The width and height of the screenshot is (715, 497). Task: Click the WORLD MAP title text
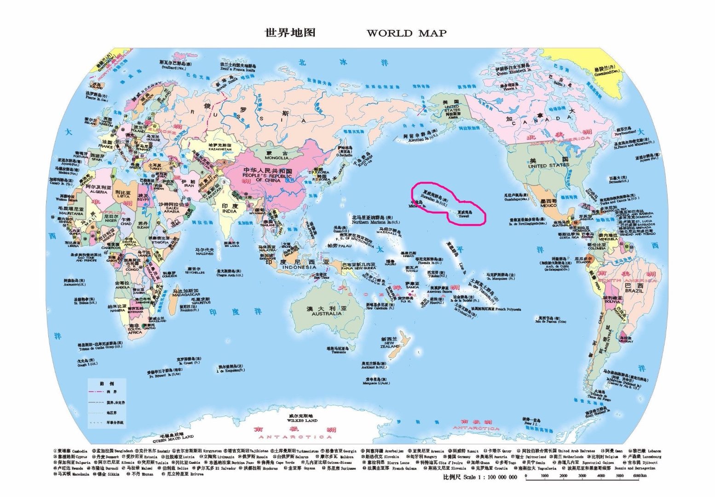[x=406, y=33]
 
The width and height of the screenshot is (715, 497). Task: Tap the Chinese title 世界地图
[x=290, y=33]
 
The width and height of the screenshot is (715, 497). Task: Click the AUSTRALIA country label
[x=327, y=313]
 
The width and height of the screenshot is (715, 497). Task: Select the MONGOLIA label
[x=277, y=157]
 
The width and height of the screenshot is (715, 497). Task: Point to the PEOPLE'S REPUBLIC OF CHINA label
[x=267, y=178]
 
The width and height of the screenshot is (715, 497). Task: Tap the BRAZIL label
[x=634, y=291]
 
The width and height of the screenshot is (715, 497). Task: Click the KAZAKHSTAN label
[x=220, y=149]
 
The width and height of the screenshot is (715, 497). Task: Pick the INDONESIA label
[x=300, y=267]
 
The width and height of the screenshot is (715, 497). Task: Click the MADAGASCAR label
[x=186, y=295]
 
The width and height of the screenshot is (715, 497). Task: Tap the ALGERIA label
[x=98, y=191]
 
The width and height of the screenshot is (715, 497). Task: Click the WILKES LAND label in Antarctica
[x=302, y=420]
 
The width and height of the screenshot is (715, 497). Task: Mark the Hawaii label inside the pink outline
[x=464, y=215]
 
